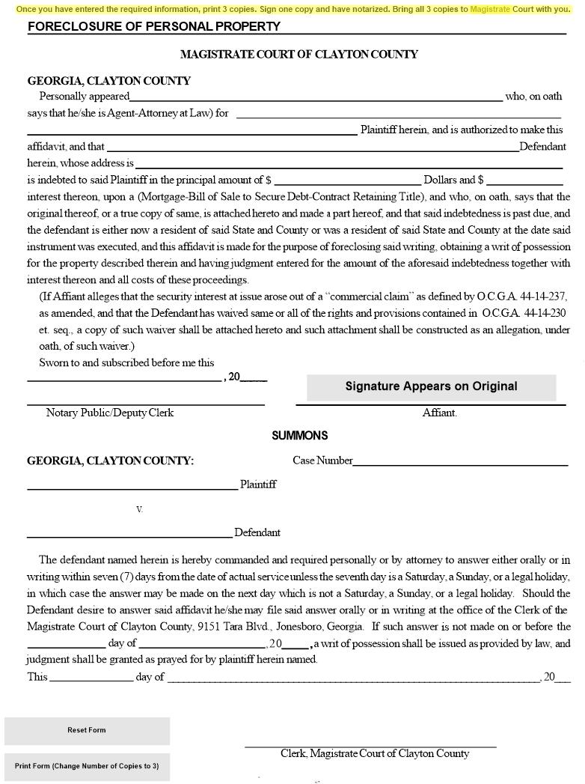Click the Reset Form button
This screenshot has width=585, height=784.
coord(87,730)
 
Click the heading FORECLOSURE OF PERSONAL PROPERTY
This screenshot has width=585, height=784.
coord(154,27)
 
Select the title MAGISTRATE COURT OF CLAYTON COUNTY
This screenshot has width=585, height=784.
coord(298,54)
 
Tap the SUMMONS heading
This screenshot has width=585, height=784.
coord(299,435)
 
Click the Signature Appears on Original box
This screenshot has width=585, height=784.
coord(431,386)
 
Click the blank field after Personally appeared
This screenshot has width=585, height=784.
coord(316,96)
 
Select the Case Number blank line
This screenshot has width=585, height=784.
coord(460,461)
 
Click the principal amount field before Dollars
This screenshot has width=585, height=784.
coord(348,180)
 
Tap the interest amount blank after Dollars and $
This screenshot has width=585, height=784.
coord(524,180)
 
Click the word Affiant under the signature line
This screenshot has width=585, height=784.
coord(439,413)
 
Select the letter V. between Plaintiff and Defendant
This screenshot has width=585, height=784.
coord(139,509)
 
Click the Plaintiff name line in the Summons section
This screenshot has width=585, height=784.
coord(132,485)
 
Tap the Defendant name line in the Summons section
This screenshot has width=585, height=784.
coord(129,533)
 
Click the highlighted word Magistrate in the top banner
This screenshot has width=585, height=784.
coord(490,10)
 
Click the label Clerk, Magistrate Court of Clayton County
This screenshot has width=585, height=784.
coord(375,753)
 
